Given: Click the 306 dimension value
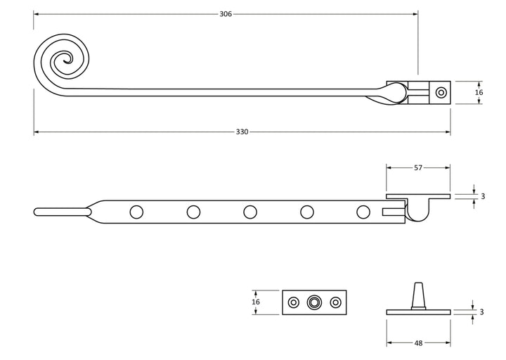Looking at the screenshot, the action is [226, 14].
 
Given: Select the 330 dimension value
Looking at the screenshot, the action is [242, 131].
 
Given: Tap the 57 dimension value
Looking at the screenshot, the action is [418, 167].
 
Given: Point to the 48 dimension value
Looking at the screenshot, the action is [418, 343].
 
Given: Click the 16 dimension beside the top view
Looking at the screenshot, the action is [479, 92].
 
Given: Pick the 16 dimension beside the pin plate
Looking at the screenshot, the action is [256, 302].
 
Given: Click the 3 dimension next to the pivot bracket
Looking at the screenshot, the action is [483, 196].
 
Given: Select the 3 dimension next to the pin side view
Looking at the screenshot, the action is [481, 312].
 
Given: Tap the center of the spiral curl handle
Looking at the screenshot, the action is [67, 60].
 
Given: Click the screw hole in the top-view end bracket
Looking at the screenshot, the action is [441, 93].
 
